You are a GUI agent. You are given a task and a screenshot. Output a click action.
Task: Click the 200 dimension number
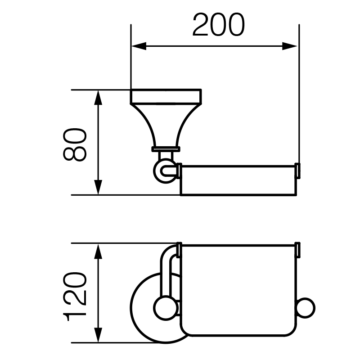(218, 25)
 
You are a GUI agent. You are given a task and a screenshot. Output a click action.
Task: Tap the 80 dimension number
(75, 144)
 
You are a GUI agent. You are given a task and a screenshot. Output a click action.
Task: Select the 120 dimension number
(75, 297)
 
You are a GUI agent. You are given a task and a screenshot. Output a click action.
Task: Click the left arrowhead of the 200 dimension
(139, 46)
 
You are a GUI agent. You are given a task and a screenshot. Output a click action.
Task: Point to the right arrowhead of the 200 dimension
(289, 46)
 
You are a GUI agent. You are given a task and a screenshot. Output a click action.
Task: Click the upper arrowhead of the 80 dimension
(98, 98)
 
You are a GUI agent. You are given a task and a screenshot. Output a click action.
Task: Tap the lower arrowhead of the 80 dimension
(98, 187)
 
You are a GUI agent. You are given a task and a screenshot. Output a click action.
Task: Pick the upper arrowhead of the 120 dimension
(98, 251)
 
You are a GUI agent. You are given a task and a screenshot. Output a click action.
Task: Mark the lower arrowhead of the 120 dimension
(98, 335)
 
